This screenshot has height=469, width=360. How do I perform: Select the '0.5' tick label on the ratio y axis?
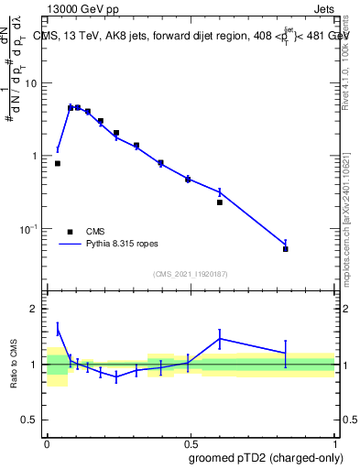click(31, 420)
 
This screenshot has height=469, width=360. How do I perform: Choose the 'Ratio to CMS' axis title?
click(12, 364)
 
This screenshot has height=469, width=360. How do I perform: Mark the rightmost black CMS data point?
click(286, 249)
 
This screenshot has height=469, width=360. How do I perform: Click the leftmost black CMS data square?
click(58, 163)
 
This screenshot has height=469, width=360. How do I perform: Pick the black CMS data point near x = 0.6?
click(220, 202)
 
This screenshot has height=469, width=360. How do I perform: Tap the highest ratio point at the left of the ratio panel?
click(58, 329)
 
